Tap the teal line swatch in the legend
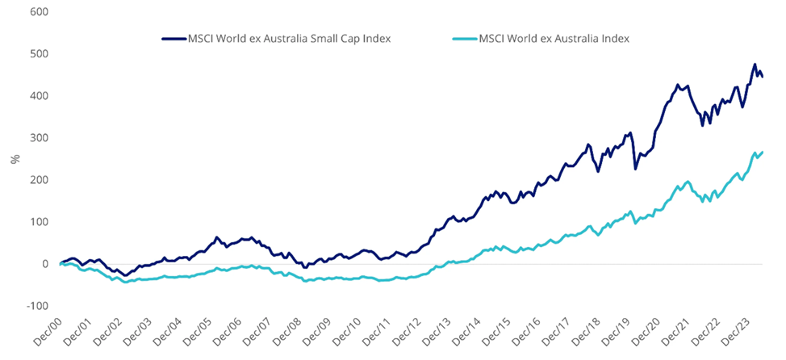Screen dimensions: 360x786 [458, 37]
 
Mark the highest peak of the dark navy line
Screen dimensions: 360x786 [755, 65]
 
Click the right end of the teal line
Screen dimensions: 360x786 [763, 152]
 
